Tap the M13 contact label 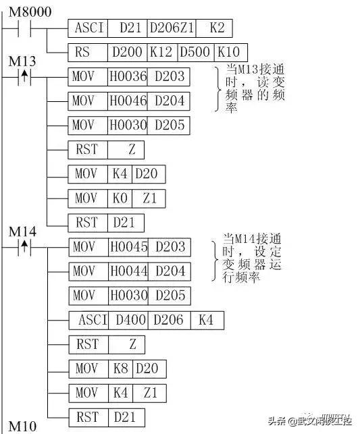point(22,61)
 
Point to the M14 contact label point(22,232)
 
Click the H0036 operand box point(128,76)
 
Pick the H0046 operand point(128,101)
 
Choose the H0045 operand point(128,246)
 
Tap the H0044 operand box point(128,271)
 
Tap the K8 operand point(120,369)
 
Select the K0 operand point(120,198)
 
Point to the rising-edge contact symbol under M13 point(24,76)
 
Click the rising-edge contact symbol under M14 point(24,246)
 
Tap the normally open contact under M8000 point(24,28)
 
